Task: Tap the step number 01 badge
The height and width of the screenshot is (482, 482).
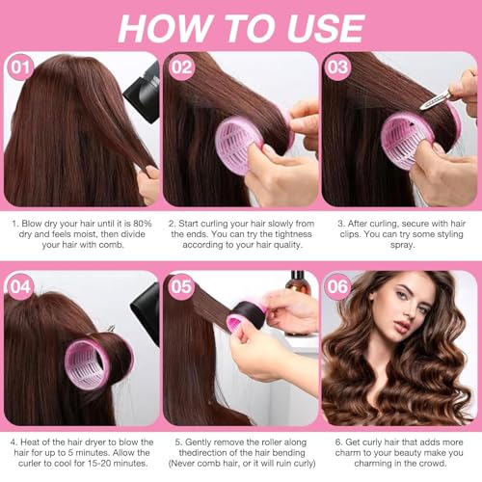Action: (20, 68)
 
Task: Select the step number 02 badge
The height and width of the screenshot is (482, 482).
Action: (181, 68)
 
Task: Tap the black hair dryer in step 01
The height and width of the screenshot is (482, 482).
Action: (141, 92)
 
